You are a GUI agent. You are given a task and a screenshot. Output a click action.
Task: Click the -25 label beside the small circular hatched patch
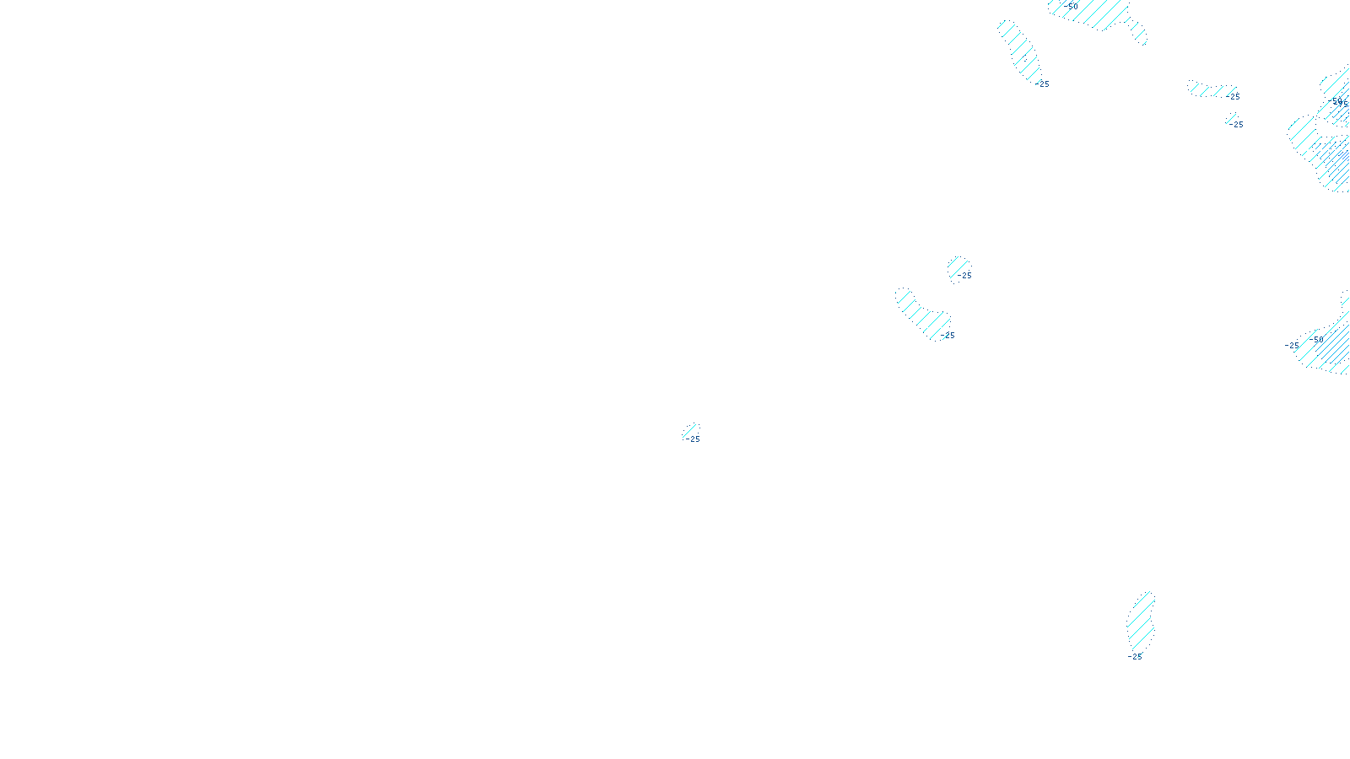[x=964, y=276]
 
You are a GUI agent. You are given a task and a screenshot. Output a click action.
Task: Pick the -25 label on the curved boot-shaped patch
[x=948, y=336]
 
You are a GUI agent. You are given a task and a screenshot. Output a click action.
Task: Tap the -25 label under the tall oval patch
[x=1135, y=657]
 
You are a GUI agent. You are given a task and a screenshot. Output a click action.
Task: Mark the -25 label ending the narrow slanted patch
[x=1044, y=84]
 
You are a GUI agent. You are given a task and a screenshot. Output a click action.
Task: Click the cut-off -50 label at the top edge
[x=1072, y=6]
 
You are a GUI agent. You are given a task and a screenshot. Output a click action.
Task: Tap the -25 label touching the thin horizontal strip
[x=1233, y=97]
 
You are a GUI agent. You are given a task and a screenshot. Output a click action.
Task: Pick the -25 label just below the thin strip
[x=1236, y=125]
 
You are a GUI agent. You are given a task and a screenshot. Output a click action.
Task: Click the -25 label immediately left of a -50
[x=1292, y=346]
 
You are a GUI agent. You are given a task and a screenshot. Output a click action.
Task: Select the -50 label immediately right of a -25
[x=1316, y=340]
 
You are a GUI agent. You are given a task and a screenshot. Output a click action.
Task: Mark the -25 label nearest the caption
[x=693, y=439]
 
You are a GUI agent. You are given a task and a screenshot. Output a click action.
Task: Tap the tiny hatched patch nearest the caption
[x=690, y=432]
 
